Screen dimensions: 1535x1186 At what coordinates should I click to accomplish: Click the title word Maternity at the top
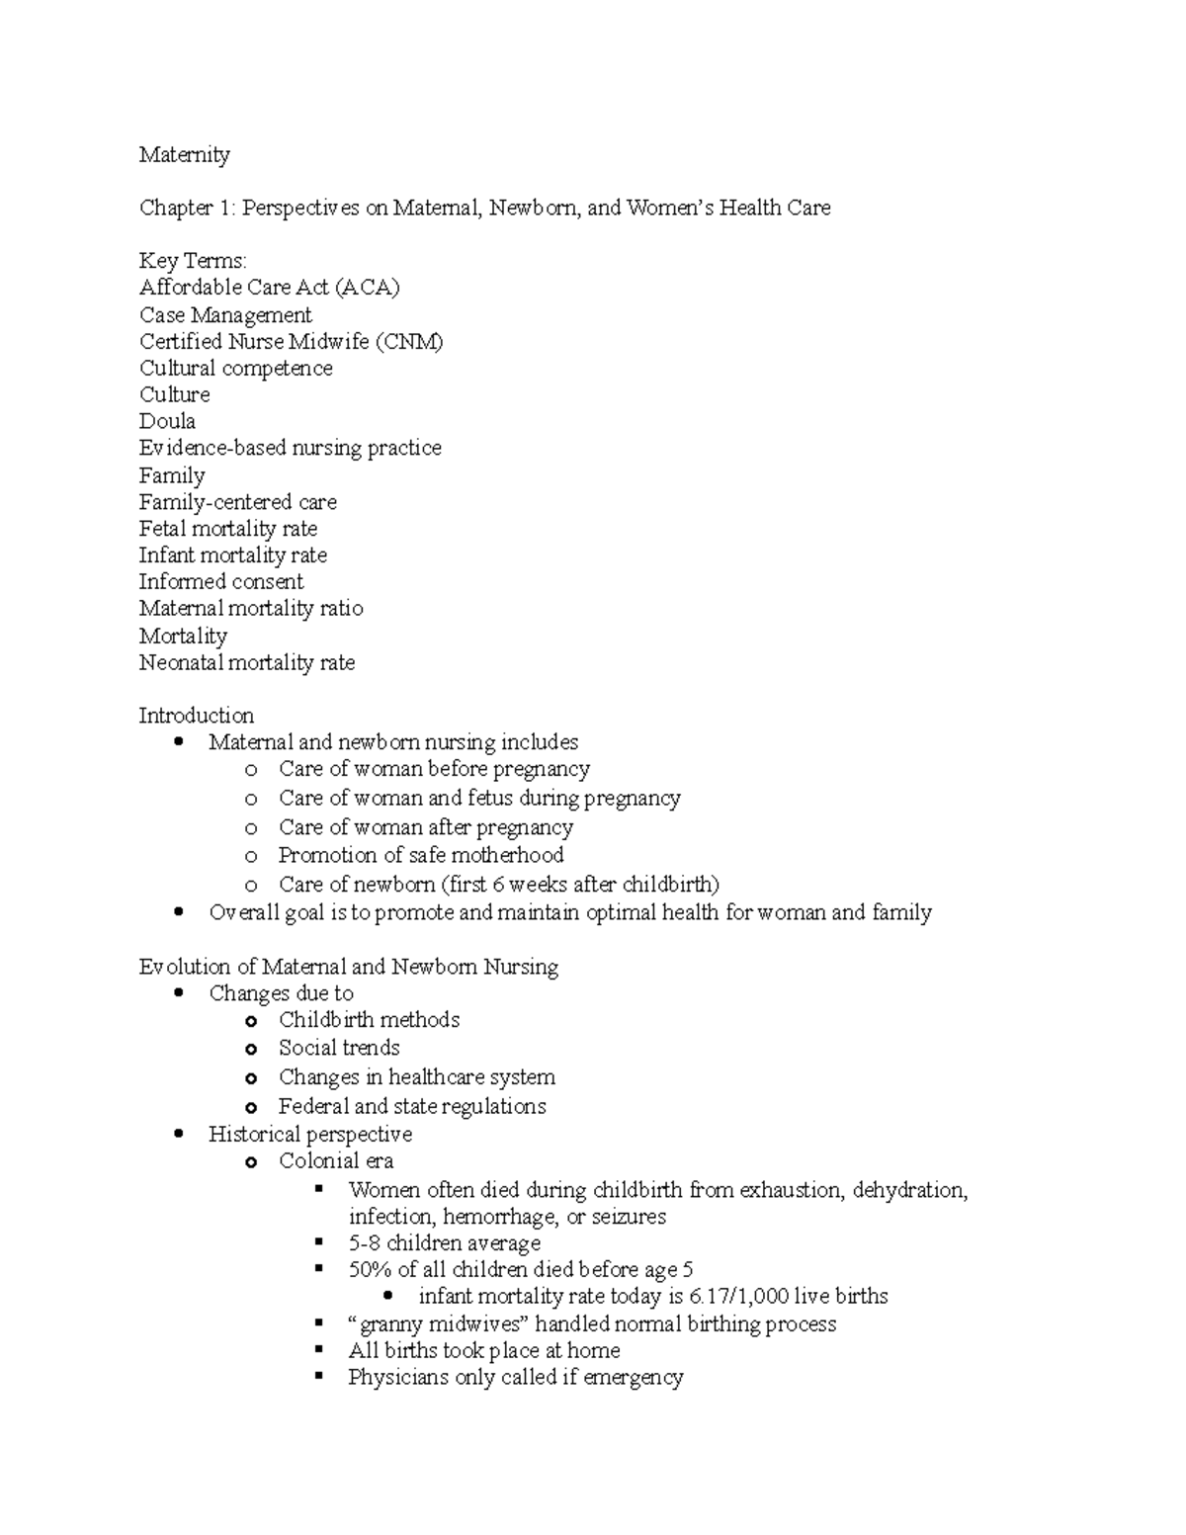pyautogui.click(x=184, y=155)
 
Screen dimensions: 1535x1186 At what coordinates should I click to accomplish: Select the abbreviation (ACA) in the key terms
pyautogui.click(x=367, y=288)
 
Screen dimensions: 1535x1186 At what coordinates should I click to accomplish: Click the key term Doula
pyautogui.click(x=167, y=422)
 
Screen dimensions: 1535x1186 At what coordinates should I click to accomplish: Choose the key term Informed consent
pyautogui.click(x=220, y=582)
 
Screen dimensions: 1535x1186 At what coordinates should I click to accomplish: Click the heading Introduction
pyautogui.click(x=196, y=716)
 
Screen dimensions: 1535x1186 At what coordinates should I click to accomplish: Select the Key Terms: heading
pyautogui.click(x=193, y=261)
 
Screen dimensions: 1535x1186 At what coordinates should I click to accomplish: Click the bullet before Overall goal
pyautogui.click(x=178, y=912)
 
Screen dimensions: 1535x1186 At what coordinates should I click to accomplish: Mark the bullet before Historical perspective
pyautogui.click(x=178, y=1134)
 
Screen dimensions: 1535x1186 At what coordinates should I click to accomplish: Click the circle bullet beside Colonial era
pyautogui.click(x=251, y=1162)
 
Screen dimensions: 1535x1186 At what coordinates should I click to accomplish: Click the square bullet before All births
pyautogui.click(x=319, y=1349)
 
